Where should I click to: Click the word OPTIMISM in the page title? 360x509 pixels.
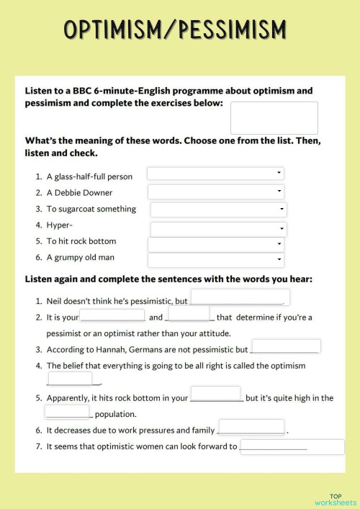116,30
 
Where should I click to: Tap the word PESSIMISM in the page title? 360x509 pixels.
231,30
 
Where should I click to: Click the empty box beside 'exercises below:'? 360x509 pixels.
274,117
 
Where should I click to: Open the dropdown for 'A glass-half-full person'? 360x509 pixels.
215,174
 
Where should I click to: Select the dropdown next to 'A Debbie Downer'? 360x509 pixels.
215,192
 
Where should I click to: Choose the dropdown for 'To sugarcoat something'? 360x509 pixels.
218,210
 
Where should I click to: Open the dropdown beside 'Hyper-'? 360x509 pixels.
218,229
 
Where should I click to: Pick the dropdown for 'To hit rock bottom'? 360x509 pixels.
215,244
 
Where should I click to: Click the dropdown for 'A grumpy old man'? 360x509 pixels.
215,260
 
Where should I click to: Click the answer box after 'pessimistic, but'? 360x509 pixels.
240,297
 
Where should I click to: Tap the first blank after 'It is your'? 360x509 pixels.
112,315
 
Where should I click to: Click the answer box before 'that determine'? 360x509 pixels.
189,315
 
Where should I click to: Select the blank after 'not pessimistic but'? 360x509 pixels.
286,347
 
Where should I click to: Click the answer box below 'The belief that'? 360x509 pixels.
70,379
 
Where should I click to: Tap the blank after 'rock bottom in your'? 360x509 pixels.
216,395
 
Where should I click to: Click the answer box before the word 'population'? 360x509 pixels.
67,412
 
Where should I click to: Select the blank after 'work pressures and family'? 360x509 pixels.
251,427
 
